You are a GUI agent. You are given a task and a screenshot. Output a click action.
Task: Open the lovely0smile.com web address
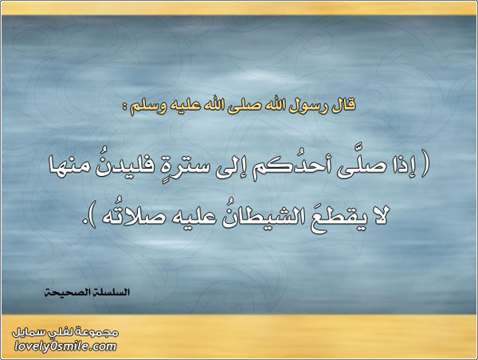click(x=65, y=347)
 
